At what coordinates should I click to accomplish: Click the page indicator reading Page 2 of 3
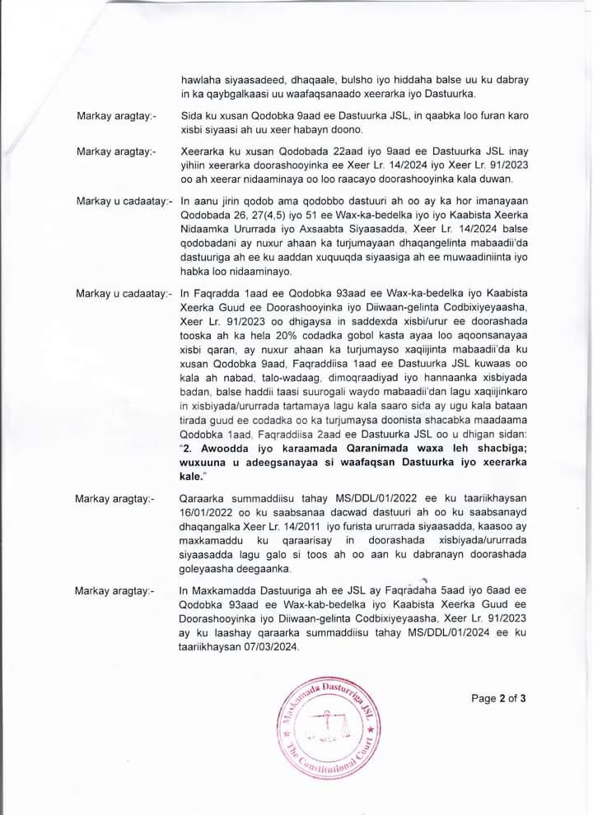point(498,699)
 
